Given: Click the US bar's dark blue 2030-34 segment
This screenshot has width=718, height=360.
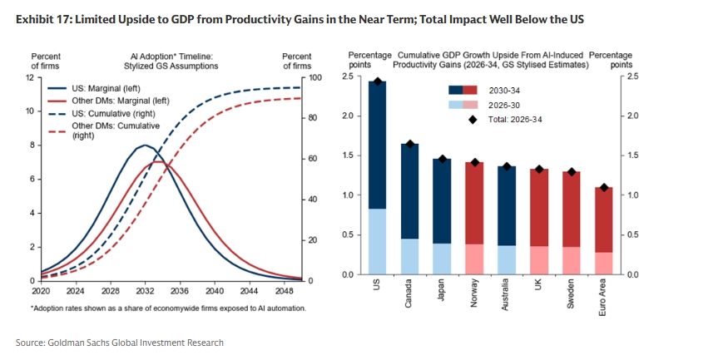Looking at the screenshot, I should (x=377, y=145).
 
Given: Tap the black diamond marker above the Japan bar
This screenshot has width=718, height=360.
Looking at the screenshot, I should (x=442, y=159).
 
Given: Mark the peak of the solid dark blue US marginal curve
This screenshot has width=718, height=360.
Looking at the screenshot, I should (x=145, y=145).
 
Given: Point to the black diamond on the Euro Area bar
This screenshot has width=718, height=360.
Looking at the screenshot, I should (x=604, y=187).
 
